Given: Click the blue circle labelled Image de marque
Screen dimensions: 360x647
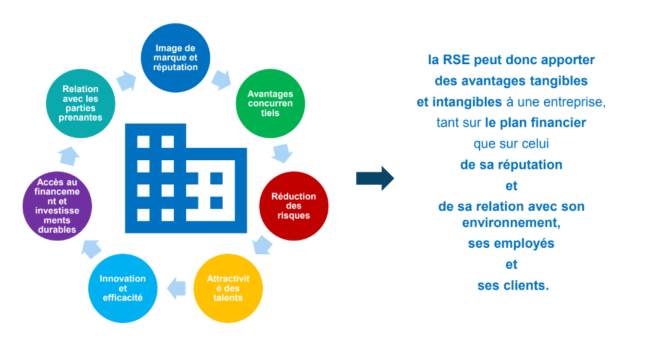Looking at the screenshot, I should [177, 58].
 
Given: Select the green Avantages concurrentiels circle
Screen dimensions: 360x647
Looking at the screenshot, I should [270, 104].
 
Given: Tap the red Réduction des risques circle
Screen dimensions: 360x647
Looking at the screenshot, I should [293, 206].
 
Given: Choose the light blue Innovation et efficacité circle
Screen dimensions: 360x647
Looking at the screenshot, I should [122, 288].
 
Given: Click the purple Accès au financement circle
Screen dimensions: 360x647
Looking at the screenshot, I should [57, 206].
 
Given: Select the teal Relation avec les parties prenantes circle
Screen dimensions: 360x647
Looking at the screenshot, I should [81, 104].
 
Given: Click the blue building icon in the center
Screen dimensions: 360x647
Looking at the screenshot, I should [185, 178].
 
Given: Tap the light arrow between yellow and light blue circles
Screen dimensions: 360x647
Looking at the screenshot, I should [175, 288].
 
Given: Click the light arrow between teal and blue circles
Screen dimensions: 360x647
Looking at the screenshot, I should [127, 80].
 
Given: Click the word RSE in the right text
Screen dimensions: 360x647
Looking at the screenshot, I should [457, 60].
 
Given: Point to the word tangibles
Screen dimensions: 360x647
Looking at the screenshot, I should [554, 81].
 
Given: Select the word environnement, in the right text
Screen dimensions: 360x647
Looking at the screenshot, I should [511, 222].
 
